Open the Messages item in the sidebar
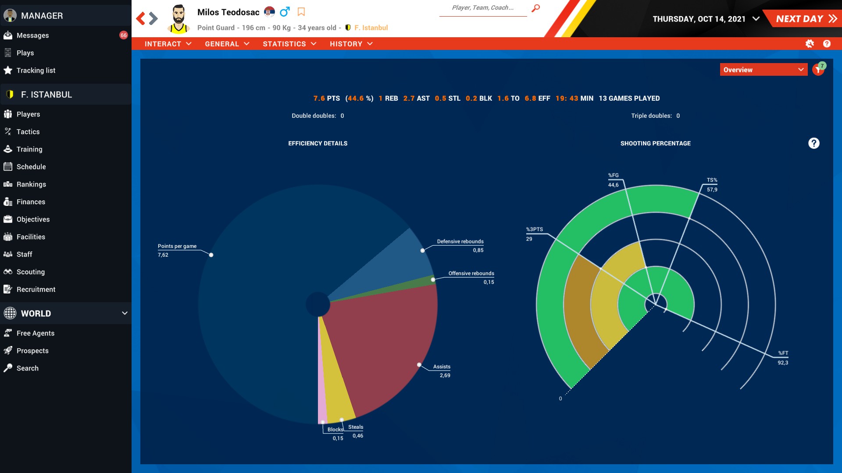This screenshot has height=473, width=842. [32, 35]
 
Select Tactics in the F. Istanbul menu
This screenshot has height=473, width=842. [28, 132]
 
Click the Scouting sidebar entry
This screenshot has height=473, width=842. [30, 272]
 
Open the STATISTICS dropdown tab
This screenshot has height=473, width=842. [289, 44]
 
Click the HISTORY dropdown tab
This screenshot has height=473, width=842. [351, 44]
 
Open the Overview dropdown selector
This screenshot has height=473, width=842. [763, 70]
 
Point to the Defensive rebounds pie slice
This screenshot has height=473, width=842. [395, 263]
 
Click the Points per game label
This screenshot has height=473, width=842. [177, 246]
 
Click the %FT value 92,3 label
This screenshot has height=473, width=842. [783, 363]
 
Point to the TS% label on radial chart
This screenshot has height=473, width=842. [712, 180]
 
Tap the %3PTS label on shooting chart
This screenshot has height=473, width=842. [534, 229]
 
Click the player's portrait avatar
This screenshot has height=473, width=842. [178, 19]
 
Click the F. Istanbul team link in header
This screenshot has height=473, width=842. [371, 28]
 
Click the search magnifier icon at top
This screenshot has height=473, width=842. [535, 8]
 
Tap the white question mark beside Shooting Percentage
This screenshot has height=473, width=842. [813, 143]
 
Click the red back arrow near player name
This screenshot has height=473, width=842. [140, 18]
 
